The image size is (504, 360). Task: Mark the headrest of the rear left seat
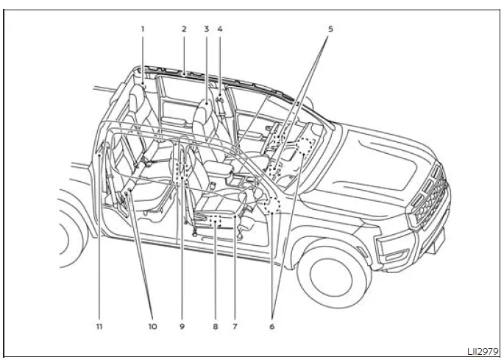pos(137,97)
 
